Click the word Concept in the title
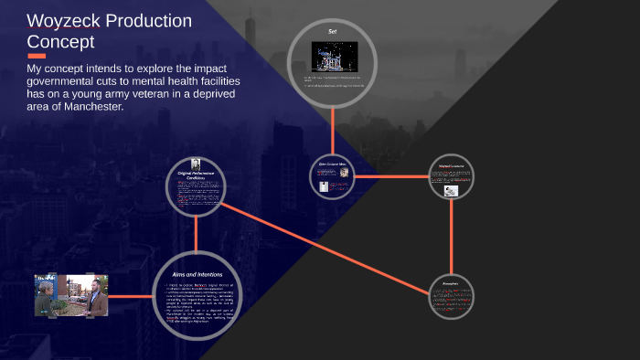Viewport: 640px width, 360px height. point(61,42)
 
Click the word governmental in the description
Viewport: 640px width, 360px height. point(66,81)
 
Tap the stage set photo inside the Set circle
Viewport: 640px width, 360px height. point(333,58)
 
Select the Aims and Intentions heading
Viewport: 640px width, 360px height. point(197,273)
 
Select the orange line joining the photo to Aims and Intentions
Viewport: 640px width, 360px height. point(131,297)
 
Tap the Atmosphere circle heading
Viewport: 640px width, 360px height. point(452,283)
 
